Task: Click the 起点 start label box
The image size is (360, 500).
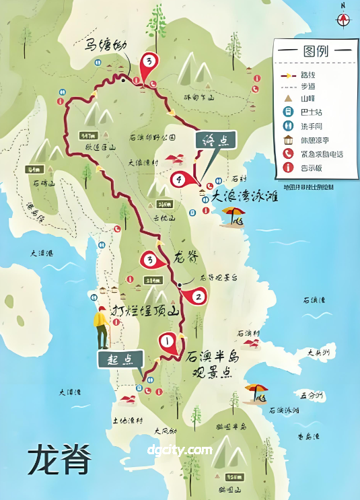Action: tap(121, 359)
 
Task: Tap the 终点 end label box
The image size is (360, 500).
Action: tap(215, 140)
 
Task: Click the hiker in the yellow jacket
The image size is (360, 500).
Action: tap(102, 327)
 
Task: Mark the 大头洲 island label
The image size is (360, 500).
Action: tap(318, 352)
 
